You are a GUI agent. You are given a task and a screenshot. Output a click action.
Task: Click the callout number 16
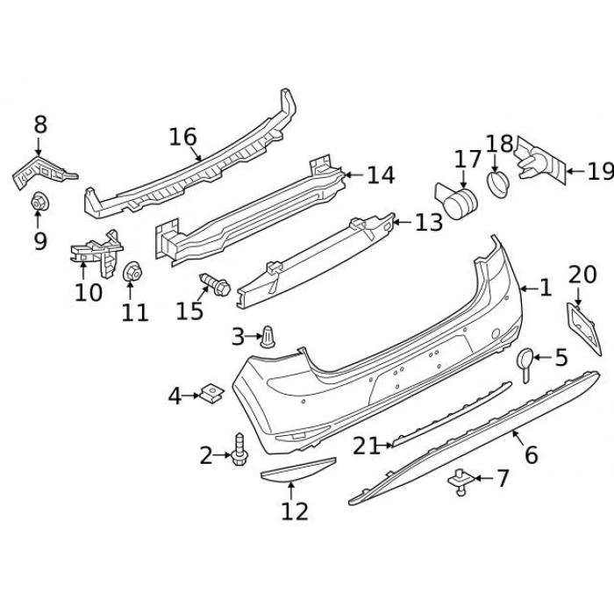pos(183,137)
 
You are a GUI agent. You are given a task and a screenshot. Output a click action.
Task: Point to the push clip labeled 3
pos(268,335)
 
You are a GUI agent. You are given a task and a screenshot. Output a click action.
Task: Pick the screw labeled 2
pos(239,453)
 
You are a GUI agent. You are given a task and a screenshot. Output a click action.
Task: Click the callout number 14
pos(381,175)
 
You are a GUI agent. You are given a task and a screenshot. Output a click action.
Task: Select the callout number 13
pos(429,223)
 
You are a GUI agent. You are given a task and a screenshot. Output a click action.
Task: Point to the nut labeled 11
pos(133,275)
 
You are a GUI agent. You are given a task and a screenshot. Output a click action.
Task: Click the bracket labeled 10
pos(95,253)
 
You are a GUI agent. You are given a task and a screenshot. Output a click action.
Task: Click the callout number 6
pos(531,455)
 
